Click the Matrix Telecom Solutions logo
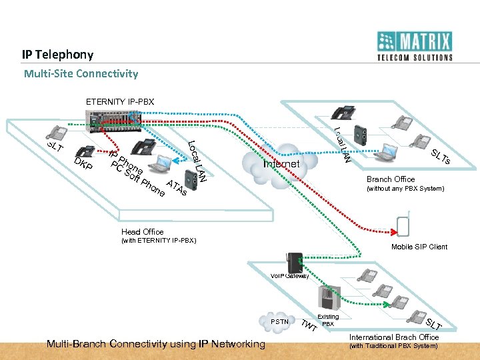click(x=414, y=46)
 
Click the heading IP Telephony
click(x=57, y=55)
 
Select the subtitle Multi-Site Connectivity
click(x=81, y=73)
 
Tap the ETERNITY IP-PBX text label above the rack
click(x=120, y=102)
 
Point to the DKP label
click(x=83, y=164)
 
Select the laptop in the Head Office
click(x=161, y=161)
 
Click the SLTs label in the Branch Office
click(x=441, y=158)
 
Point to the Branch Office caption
click(x=391, y=179)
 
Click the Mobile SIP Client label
click(x=419, y=247)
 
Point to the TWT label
click(x=308, y=327)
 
